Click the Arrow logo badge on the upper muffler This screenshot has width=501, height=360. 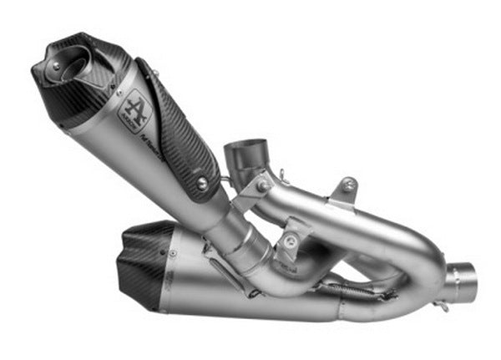tap(138, 107)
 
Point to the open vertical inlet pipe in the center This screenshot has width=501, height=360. tap(245, 155)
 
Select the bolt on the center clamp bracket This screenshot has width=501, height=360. tap(290, 242)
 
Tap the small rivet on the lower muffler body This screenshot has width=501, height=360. tap(171, 251)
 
